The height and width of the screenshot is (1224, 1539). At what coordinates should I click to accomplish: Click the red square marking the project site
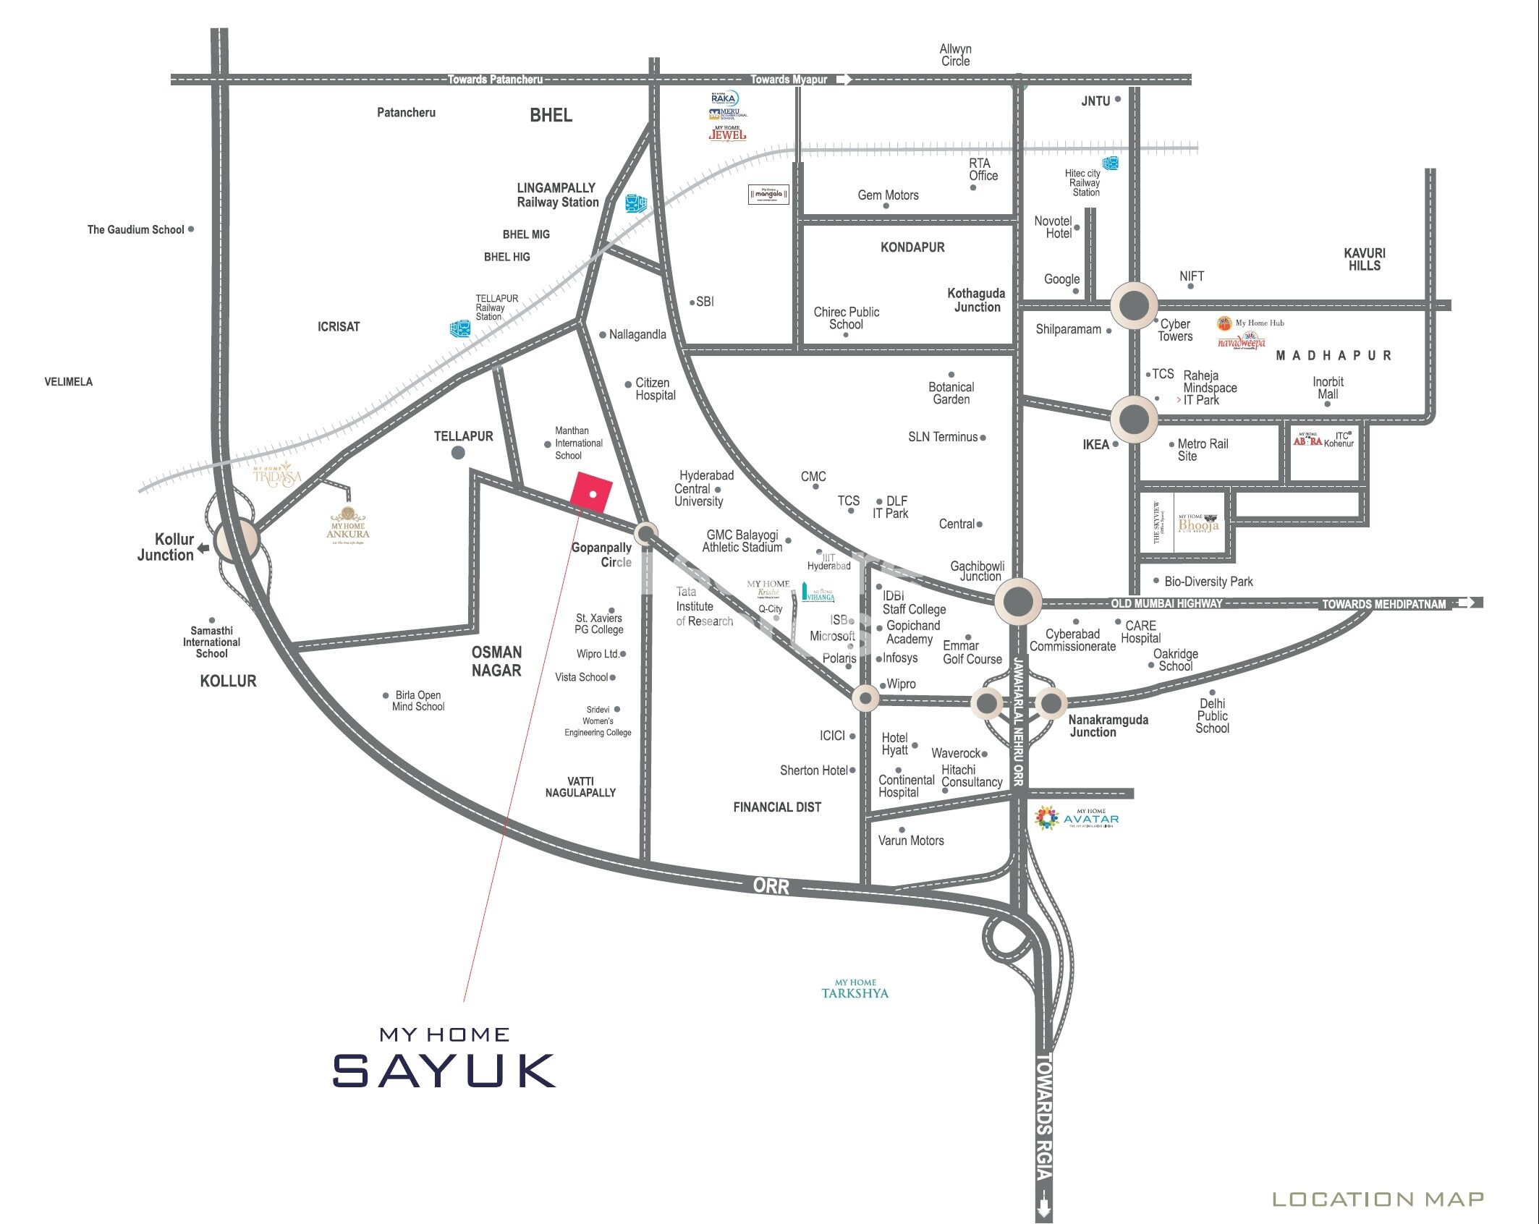click(x=592, y=493)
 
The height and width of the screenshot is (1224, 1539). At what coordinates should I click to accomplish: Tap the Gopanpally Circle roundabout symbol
click(x=645, y=535)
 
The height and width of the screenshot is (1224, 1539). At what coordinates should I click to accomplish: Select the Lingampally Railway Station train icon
click(x=635, y=203)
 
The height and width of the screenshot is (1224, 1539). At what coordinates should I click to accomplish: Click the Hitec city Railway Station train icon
click(x=1110, y=163)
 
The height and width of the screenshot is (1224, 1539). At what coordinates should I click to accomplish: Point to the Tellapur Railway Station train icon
click(x=460, y=329)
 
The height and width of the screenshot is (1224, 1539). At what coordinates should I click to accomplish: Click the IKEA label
click(x=1095, y=444)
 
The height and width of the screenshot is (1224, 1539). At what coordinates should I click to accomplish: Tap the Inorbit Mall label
click(x=1328, y=388)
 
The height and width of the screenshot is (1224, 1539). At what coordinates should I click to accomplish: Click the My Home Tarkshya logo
click(x=855, y=989)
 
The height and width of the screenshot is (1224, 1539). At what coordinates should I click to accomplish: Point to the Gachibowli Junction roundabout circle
click(x=1018, y=601)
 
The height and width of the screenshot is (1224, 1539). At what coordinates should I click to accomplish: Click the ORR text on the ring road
click(x=771, y=885)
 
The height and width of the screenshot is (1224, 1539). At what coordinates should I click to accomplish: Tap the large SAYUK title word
click(x=444, y=1071)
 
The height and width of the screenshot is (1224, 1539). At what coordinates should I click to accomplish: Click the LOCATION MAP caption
click(x=1378, y=1199)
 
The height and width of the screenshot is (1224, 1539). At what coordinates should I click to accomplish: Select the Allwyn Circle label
click(x=955, y=55)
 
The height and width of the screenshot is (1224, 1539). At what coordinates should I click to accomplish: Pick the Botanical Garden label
click(x=951, y=393)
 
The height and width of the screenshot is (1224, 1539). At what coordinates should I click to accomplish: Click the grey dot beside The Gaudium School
click(x=191, y=229)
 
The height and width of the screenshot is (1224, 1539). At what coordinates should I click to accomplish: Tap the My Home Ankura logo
click(x=348, y=524)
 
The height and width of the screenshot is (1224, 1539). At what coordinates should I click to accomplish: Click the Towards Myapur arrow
click(x=844, y=80)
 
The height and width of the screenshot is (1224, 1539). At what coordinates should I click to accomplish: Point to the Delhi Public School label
click(x=1212, y=715)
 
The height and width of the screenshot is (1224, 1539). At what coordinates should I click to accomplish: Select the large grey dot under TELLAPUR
click(x=458, y=453)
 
